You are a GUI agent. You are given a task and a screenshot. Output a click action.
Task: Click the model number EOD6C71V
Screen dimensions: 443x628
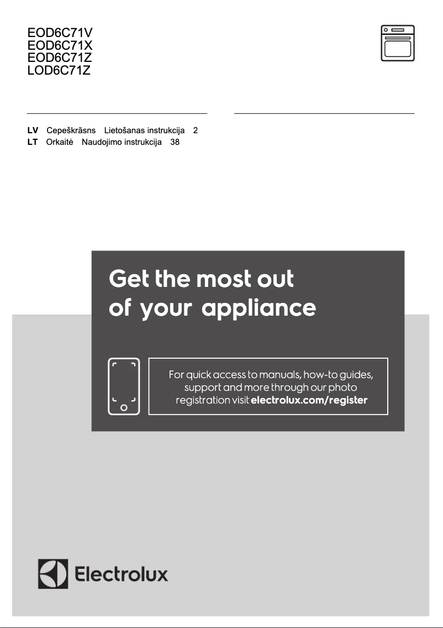click(60, 33)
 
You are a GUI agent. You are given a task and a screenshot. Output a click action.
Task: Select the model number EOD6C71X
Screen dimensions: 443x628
click(60, 45)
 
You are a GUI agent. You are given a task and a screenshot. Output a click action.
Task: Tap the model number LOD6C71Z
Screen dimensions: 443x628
click(59, 70)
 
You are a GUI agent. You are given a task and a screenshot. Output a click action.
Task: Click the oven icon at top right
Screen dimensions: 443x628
click(397, 43)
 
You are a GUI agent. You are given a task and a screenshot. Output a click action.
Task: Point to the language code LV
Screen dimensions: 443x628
click(33, 130)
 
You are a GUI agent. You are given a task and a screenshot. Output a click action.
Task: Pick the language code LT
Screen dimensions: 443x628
click(33, 142)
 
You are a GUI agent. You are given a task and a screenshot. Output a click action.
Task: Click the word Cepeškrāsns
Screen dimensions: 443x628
click(71, 130)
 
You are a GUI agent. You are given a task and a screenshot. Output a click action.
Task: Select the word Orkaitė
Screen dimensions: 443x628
click(60, 142)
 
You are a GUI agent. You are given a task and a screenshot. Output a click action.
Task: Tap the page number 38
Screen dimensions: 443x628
click(175, 142)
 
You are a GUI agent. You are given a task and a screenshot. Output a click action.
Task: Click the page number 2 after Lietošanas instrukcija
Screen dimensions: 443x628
click(196, 130)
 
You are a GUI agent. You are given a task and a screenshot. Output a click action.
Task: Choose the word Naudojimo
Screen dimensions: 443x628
click(101, 142)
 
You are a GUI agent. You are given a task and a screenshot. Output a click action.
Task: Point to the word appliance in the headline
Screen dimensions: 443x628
click(259, 308)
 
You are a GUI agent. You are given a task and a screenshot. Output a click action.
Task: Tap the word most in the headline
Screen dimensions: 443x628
click(223, 279)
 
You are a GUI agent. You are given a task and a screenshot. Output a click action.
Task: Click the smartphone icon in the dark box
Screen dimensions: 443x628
click(124, 386)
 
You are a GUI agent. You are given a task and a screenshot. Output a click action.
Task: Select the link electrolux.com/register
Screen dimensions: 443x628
click(309, 400)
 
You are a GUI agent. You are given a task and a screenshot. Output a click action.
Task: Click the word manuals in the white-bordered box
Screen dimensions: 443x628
click(279, 374)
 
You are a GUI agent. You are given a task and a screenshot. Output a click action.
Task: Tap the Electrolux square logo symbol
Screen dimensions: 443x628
click(53, 573)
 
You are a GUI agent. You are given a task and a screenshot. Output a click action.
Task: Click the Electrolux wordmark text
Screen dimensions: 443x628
click(122, 573)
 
